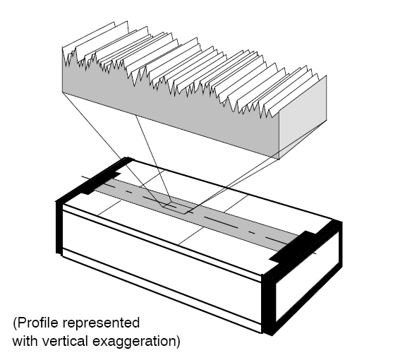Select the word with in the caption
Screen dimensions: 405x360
coord(25,341)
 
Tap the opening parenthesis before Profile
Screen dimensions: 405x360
coord(15,323)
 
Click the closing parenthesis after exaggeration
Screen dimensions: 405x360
coord(177,342)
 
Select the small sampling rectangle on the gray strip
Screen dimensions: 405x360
coord(176,208)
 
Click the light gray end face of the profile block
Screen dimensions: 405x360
coord(303,116)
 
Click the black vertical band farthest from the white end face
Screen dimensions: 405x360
coord(59,227)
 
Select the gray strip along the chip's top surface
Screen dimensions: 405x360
coord(196,215)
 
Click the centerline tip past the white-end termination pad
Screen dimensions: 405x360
coord(316,253)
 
